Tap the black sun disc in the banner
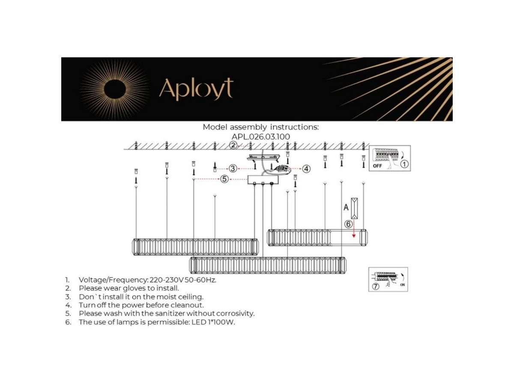(115, 90)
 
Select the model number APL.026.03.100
(260, 136)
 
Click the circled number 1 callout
(404, 164)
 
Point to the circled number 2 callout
(233, 145)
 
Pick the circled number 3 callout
(233, 168)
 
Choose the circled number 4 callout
(306, 169)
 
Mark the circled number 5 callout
(224, 179)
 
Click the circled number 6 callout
(348, 224)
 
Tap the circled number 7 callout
(376, 286)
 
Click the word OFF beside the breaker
(377, 166)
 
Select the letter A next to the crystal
(346, 207)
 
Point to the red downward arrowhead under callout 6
(354, 236)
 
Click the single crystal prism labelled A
(354, 208)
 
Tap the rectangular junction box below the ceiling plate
(263, 180)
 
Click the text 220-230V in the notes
(167, 280)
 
